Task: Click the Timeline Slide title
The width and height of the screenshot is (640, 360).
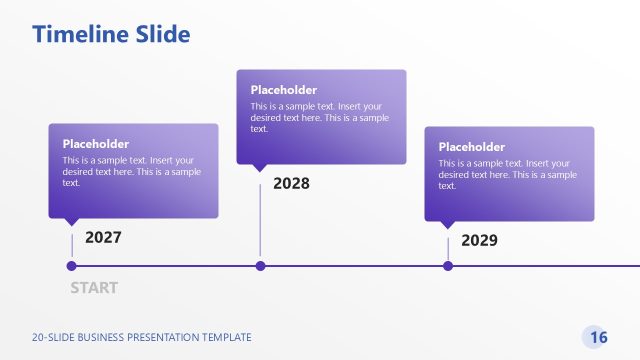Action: pos(111,34)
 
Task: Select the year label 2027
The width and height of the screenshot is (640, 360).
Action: pos(103,238)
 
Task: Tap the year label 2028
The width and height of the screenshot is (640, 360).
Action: pos(291,184)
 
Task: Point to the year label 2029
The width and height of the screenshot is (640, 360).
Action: pos(479,241)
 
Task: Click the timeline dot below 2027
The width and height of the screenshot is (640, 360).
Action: pos(71,266)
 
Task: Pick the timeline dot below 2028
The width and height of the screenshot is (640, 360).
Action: pos(260,266)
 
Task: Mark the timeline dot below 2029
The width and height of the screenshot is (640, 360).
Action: pos(448,266)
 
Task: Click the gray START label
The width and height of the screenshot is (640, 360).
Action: pos(94,288)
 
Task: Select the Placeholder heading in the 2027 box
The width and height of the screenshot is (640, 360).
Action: pos(96,144)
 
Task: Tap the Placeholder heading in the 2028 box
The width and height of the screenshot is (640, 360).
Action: pos(284,90)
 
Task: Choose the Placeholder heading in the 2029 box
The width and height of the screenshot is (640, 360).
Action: pos(472,147)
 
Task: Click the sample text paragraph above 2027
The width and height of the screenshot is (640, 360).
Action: pos(132,171)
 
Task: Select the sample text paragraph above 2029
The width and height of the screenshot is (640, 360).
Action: pos(508,174)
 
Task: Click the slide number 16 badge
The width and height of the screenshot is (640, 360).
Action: pos(598,337)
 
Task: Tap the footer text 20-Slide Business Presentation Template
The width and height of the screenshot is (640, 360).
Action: pos(141,338)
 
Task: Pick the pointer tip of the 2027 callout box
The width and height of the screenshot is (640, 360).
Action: pos(72,225)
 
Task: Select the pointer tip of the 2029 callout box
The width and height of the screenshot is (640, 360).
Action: pos(448,227)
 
